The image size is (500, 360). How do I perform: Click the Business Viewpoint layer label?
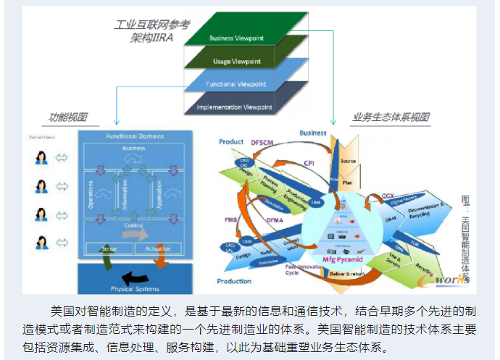[236, 38]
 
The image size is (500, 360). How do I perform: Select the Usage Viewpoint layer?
[237, 62]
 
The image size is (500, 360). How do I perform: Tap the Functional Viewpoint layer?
[236, 85]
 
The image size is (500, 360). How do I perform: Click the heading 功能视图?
[68, 117]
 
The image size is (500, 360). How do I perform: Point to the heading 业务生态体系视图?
[391, 117]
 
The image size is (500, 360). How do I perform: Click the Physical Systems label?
[134, 288]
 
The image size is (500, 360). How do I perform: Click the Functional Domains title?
[136, 136]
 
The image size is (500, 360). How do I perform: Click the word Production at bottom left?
[235, 280]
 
